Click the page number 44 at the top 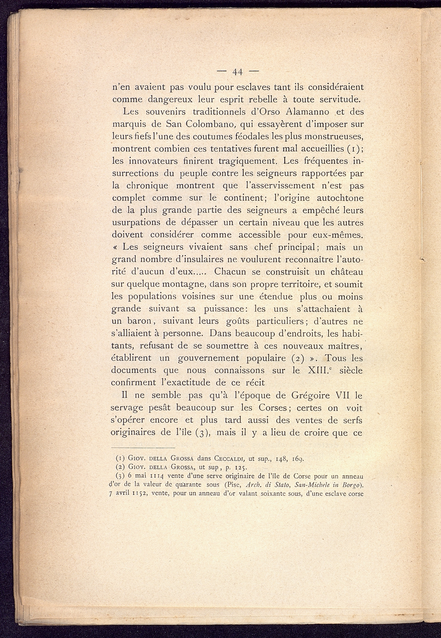[x=238, y=72]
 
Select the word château [x=343, y=272]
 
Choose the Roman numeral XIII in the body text [x=318, y=370]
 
